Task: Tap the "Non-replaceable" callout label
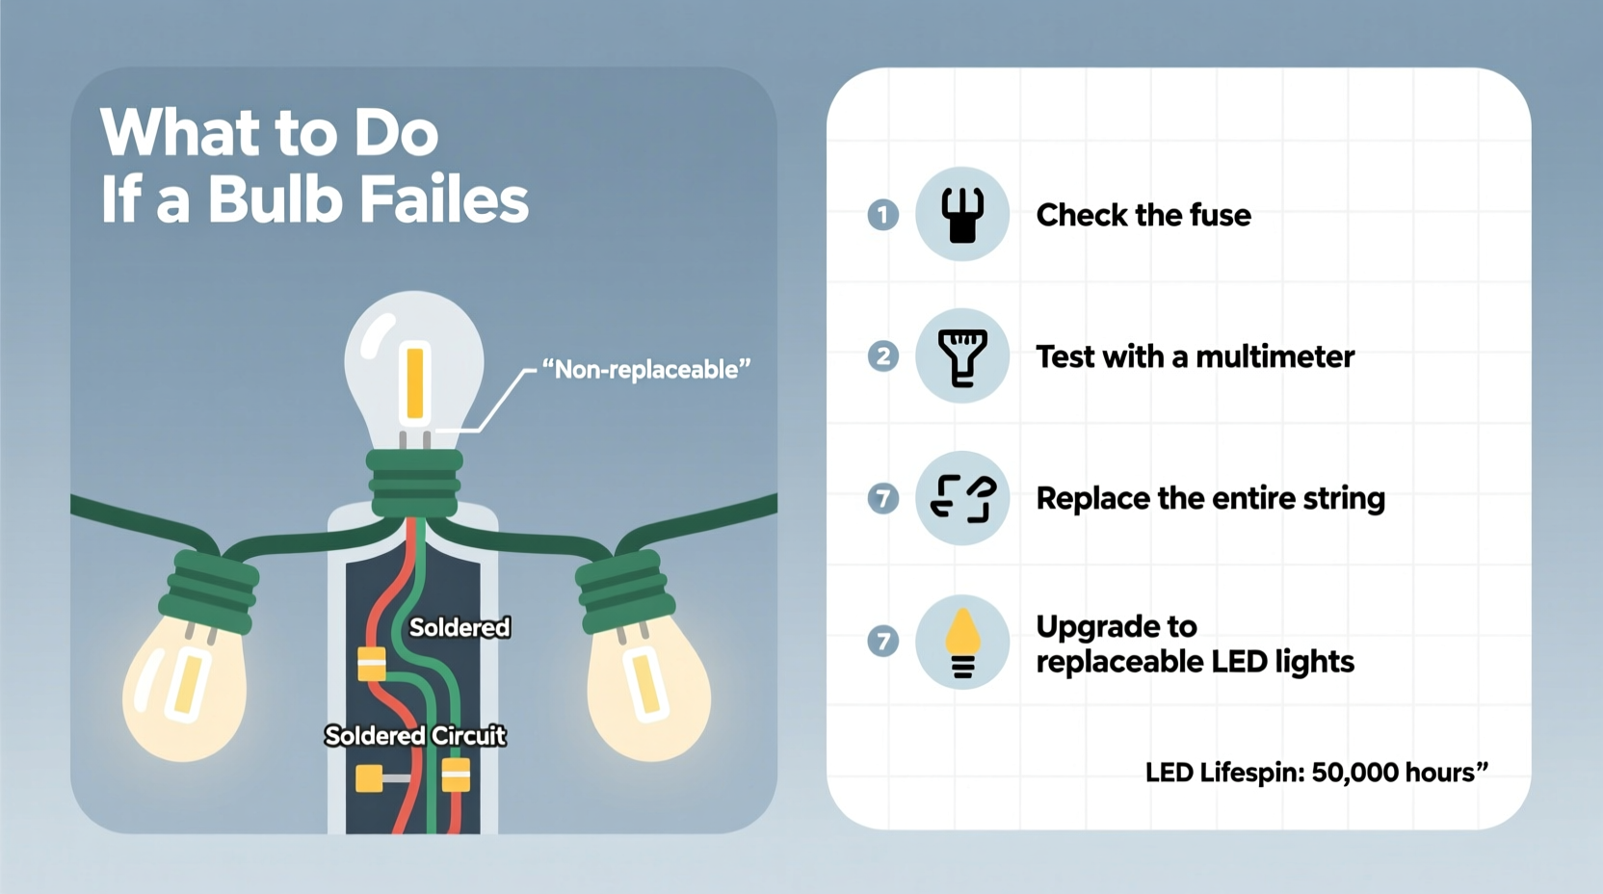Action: [645, 370]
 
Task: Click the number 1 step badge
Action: [882, 214]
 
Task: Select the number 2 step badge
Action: [882, 356]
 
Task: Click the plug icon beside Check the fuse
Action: [961, 214]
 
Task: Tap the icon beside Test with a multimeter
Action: [961, 356]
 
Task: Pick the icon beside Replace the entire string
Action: [961, 498]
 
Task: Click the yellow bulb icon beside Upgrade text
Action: [961, 642]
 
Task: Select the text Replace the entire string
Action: [1210, 499]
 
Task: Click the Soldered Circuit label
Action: [415, 736]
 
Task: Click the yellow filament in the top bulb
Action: [415, 382]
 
